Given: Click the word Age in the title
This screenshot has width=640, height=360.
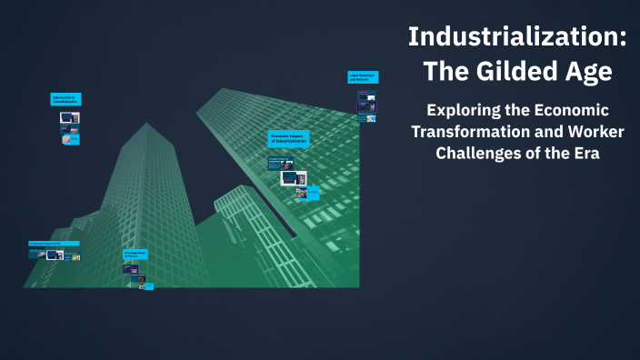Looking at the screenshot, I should click(x=588, y=71).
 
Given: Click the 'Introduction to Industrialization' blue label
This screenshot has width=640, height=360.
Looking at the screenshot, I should click(x=66, y=99).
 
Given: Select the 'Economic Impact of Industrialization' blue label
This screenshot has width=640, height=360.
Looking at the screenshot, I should click(x=289, y=138).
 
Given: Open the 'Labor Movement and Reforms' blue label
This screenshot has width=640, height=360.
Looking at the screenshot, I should click(x=363, y=78).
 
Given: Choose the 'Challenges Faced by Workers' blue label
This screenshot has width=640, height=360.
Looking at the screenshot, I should click(x=135, y=254).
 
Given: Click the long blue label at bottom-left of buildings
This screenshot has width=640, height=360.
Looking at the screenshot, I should click(x=54, y=244).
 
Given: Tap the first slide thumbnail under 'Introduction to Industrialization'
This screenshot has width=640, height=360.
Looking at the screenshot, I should click(x=69, y=116).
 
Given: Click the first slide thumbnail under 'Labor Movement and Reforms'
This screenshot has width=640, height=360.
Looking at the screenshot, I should click(x=364, y=95).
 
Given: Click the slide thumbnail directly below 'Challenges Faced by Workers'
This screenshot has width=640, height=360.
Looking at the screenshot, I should click(x=131, y=269).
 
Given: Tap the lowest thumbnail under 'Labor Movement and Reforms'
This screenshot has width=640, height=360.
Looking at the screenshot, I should click(x=364, y=118).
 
